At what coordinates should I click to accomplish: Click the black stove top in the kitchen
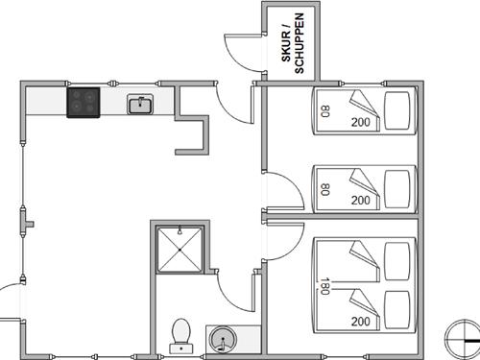[84, 102]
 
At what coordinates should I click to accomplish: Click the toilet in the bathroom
[180, 335]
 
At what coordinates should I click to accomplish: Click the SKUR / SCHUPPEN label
[292, 43]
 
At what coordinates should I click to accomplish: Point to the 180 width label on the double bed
[324, 284]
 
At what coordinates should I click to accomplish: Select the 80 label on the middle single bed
[324, 188]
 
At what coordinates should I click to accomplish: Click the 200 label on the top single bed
[361, 123]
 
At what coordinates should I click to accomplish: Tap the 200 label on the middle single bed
[361, 200]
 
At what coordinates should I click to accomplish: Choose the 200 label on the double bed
[361, 322]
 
